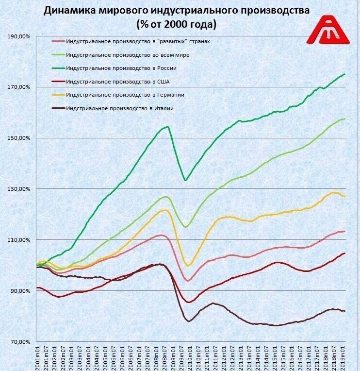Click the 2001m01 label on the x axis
point(38,357)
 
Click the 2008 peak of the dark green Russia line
point(167,127)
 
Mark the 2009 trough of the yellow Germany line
point(189,266)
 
